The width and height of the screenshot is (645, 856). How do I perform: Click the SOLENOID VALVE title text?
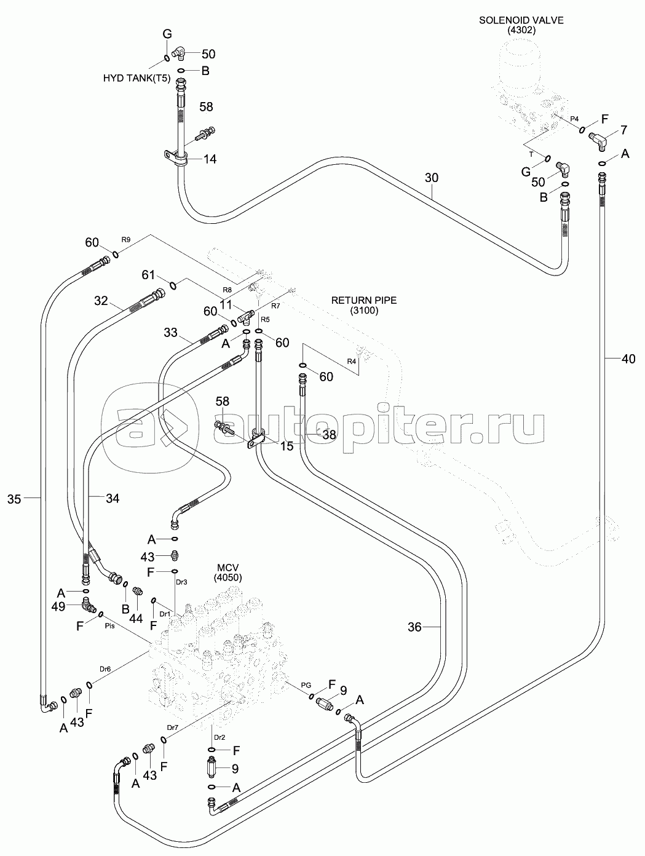(x=521, y=20)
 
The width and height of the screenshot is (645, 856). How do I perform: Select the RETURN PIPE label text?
(x=364, y=301)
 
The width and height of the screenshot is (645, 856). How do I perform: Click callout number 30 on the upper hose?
(x=432, y=178)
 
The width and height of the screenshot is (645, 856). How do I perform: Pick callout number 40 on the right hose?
(x=628, y=359)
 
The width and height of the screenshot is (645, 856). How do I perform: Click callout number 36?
(x=414, y=627)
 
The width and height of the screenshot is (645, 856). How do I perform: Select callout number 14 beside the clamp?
(x=210, y=159)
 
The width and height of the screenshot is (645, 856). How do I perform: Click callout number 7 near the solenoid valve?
(x=623, y=130)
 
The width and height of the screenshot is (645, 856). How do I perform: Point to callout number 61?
(x=148, y=274)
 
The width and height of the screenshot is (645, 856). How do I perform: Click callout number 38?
(x=330, y=434)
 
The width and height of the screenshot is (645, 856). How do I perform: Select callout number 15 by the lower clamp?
(x=287, y=446)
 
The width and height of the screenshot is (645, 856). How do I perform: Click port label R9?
(x=126, y=239)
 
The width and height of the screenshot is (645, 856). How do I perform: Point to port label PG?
(x=306, y=684)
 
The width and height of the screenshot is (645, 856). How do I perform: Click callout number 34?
(x=112, y=499)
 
